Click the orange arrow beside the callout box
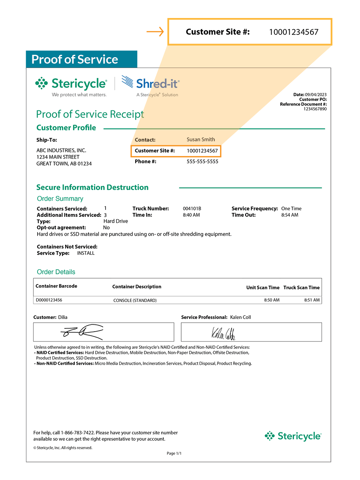click(x=155, y=32)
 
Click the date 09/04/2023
click(x=316, y=94)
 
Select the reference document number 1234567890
click(x=315, y=109)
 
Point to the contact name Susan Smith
click(x=201, y=140)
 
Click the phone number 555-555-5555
click(x=202, y=162)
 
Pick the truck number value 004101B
click(x=192, y=209)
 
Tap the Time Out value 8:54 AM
click(x=290, y=215)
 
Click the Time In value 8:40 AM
click(x=191, y=215)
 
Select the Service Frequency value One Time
click(x=291, y=209)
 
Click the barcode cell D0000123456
click(x=49, y=300)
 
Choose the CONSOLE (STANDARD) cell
click(x=135, y=300)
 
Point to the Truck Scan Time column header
click(x=302, y=288)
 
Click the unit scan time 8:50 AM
click(x=272, y=300)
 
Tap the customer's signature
click(x=82, y=331)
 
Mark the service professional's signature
click(x=223, y=332)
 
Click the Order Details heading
click(x=56, y=272)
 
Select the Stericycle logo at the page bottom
click(x=293, y=436)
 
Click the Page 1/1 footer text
click(x=174, y=454)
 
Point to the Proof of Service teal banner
click(x=81, y=59)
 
